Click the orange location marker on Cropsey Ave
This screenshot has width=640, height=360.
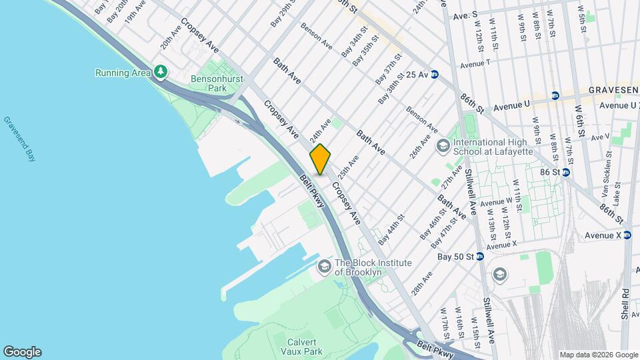[x=320, y=159]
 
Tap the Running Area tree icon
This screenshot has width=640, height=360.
[x=159, y=71]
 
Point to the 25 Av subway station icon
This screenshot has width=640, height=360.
[x=434, y=74]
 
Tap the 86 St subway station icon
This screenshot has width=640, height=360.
[x=565, y=172]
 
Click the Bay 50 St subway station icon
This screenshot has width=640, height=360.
[x=479, y=257]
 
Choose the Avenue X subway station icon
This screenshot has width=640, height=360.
[x=628, y=235]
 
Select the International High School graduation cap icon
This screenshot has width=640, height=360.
[x=443, y=145]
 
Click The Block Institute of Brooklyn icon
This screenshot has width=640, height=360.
[x=325, y=267]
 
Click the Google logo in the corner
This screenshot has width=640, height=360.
[x=22, y=352]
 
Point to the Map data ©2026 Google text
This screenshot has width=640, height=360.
[x=598, y=355]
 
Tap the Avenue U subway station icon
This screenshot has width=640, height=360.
[x=555, y=96]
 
